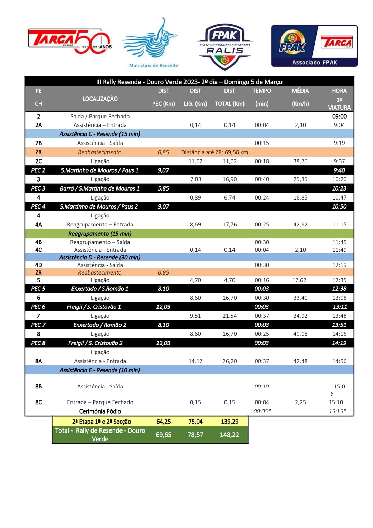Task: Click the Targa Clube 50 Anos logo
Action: pos(70,41)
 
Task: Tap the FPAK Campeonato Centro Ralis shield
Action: pos(224,46)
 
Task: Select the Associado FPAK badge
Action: pos(314,46)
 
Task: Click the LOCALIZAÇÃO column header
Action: pos(100,99)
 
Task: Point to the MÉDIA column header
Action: pos(300,91)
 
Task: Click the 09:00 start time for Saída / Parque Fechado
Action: pos(339,117)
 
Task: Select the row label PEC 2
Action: pos(38,170)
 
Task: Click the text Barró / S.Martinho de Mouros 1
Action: pos(100,188)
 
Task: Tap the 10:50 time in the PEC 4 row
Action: pos(339,206)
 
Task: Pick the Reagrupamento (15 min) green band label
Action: pos(100,234)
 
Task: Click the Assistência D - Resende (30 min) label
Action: pos(100,257)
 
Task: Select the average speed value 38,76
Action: pos(300,161)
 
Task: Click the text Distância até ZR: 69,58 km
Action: pos(214,152)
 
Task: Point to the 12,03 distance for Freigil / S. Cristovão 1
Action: pos(163,307)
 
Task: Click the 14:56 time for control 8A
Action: pos(339,361)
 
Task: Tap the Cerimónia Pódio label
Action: pos(100,411)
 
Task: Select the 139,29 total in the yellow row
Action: pos(229,422)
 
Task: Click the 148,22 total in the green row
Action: pos(229,435)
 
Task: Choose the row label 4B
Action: pos(38,242)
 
